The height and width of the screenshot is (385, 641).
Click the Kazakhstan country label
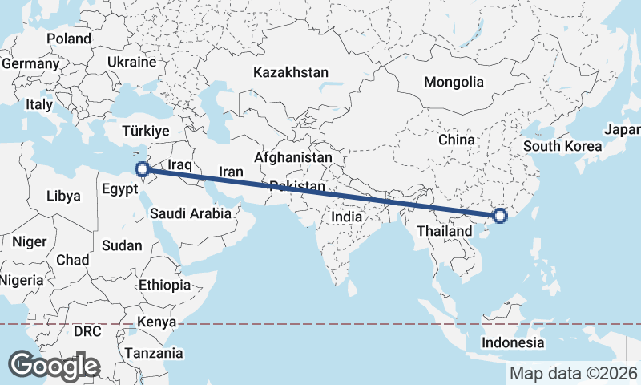coord(290,72)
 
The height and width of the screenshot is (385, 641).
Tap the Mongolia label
coord(454,82)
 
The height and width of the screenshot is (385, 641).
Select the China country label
coord(457,140)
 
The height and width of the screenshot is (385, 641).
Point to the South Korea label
coord(562,146)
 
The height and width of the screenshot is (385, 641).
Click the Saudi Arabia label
coord(191,214)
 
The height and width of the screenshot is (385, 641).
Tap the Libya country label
coord(63,195)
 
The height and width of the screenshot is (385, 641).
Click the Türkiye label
coord(146,131)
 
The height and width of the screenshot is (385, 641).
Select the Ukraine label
coord(131,62)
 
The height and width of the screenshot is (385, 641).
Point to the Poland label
coord(69,38)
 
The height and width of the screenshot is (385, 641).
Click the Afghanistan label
coord(293,158)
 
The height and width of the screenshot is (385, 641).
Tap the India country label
coord(346,217)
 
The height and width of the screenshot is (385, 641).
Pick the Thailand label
coord(444,231)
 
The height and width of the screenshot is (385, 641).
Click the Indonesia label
coord(513,342)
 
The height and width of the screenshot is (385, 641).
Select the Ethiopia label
coord(164,285)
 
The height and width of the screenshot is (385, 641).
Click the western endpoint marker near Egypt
coord(142,169)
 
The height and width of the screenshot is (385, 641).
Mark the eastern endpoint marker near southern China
coord(500,215)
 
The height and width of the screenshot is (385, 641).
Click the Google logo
coord(54,366)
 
